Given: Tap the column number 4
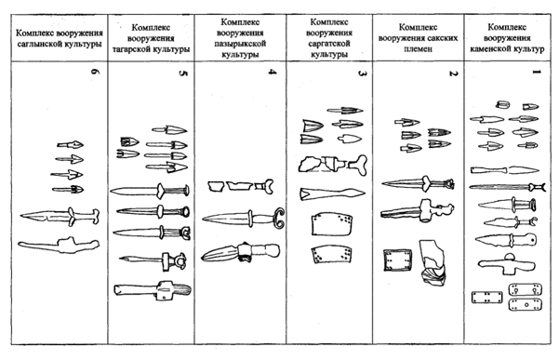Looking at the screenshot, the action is coord(272,87).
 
